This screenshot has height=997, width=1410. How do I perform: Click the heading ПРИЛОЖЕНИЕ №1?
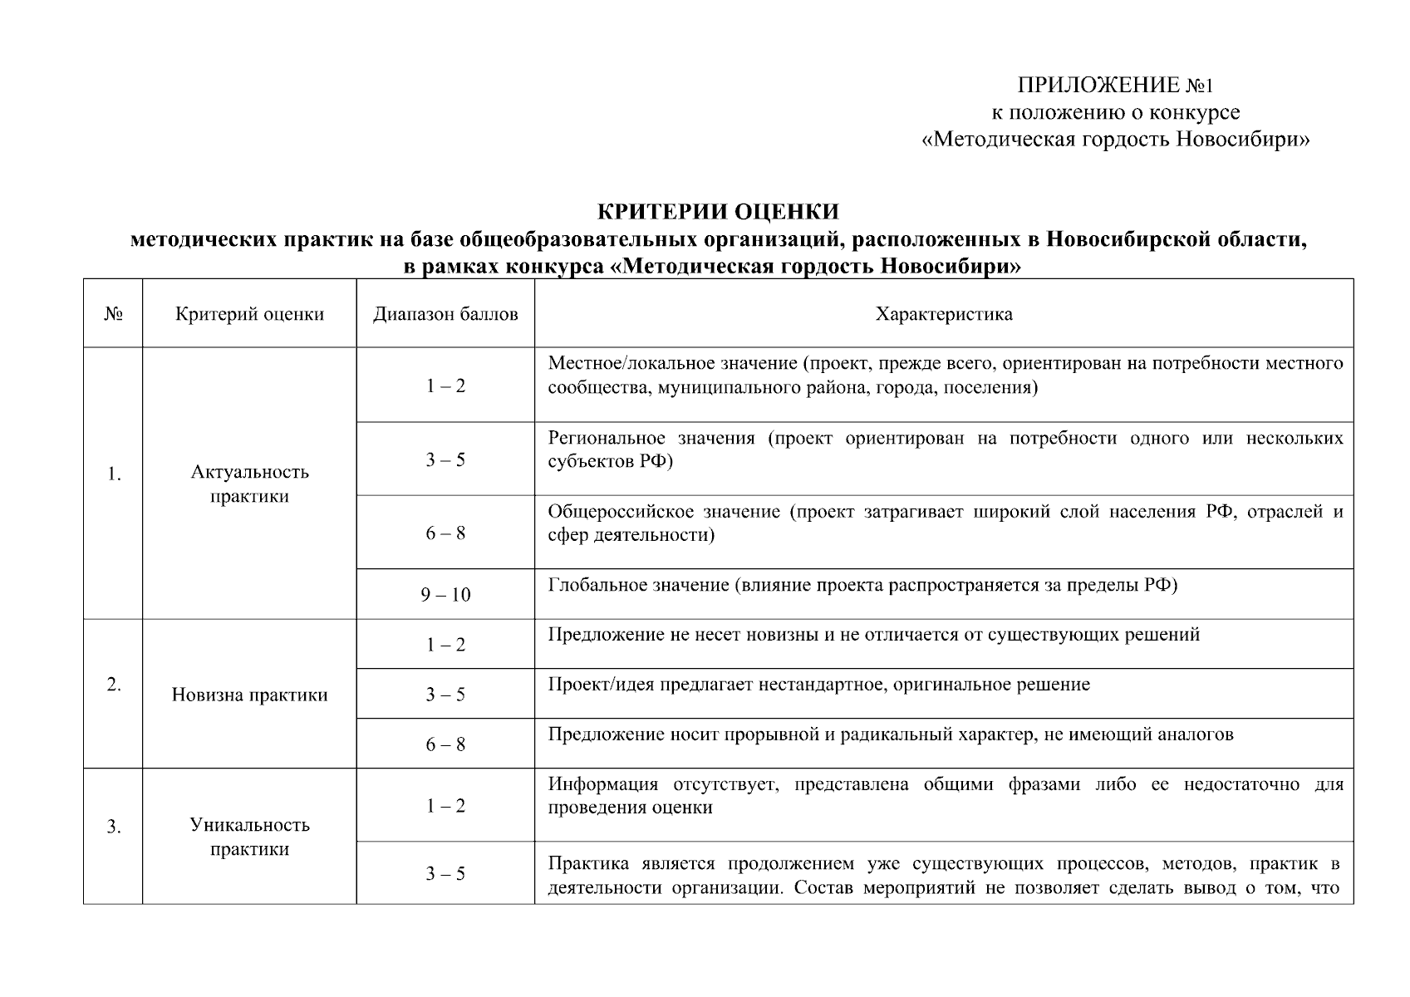pyautogui.click(x=1116, y=86)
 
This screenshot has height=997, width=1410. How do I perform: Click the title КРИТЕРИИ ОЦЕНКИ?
pyautogui.click(x=718, y=212)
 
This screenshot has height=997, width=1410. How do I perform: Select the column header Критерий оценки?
pyautogui.click(x=249, y=314)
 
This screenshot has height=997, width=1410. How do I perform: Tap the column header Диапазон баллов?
pyautogui.click(x=445, y=314)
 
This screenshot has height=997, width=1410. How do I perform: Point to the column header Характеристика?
pyautogui.click(x=944, y=314)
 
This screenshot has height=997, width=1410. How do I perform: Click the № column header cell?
pyautogui.click(x=113, y=314)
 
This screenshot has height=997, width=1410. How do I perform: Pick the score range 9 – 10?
pyautogui.click(x=445, y=595)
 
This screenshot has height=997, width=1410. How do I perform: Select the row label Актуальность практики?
pyautogui.click(x=249, y=484)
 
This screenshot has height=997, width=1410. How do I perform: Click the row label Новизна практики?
pyautogui.click(x=249, y=695)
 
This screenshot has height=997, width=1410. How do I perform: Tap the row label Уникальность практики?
pyautogui.click(x=249, y=837)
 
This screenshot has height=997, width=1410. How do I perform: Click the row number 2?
pyautogui.click(x=114, y=685)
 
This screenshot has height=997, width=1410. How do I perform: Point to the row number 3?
pyautogui.click(x=114, y=827)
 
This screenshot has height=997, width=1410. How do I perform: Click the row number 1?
pyautogui.click(x=114, y=474)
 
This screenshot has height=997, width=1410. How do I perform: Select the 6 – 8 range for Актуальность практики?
pyautogui.click(x=445, y=533)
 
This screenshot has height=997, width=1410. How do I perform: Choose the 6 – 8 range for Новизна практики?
pyautogui.click(x=445, y=744)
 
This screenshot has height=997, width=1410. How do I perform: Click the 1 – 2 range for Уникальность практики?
pyautogui.click(x=445, y=806)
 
